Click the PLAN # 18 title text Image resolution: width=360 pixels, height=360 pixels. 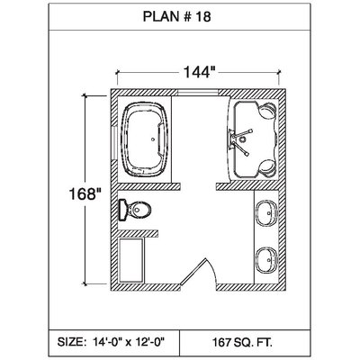pos(177,17)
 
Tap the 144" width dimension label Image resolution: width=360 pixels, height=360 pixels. pos(199,72)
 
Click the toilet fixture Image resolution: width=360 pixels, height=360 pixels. pos(134,209)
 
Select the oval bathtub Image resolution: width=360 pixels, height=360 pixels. pos(144,139)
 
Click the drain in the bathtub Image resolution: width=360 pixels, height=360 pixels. pos(153,139)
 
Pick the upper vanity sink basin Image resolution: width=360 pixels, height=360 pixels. pos(266,212)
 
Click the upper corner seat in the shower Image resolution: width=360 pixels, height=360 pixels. pos(267,111)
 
